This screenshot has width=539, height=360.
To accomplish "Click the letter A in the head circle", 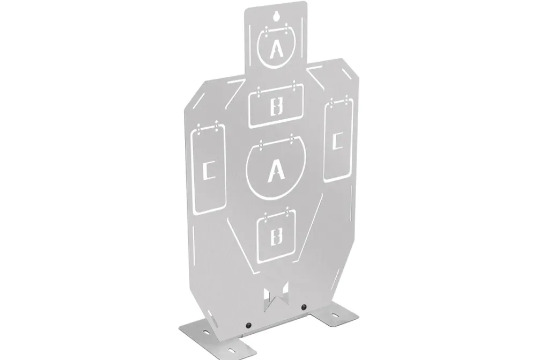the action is point(276,49).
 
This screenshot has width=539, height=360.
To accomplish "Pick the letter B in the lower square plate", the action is point(276,236).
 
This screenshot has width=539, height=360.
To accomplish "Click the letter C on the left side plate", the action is point(209,171).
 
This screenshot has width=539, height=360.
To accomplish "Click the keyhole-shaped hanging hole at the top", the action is point(276,17).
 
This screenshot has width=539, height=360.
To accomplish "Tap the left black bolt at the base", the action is point(248,325).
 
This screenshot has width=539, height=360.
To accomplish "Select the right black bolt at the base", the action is point(304,307).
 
